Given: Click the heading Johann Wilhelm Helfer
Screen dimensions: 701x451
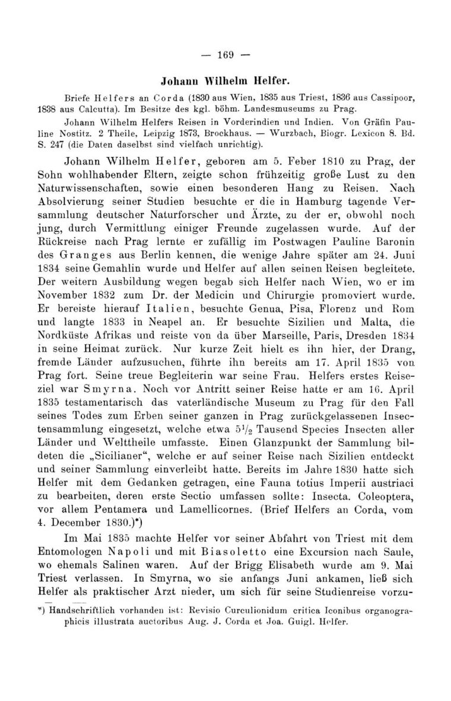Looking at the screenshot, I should click(225, 77).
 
